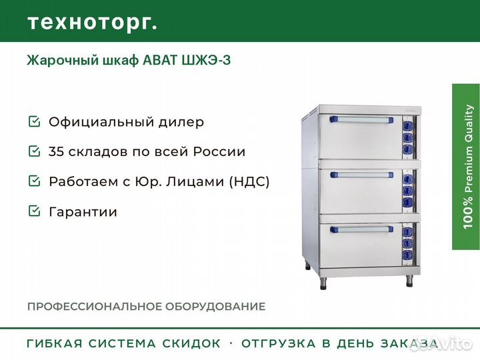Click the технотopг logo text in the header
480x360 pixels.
pos(93,23)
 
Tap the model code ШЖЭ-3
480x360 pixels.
pos(206,60)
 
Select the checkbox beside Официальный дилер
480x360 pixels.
pos(34,121)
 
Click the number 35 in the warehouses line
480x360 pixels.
pos(56,151)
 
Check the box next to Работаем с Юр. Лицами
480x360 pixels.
pos(34,181)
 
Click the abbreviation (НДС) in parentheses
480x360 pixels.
pos(249,181)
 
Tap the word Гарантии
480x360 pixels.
pos(83,212)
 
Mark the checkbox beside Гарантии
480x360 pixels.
pos(34,211)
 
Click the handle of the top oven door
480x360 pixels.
pos(361,120)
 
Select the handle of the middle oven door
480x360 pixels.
pos(361,175)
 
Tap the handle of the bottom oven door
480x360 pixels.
pos(361,229)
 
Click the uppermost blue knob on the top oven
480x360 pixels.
pos(407,125)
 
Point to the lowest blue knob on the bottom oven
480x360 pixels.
pos(407,255)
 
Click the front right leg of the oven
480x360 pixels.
pos(409,281)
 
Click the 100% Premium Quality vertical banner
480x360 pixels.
pos(466,167)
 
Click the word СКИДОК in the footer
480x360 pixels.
pos(191,343)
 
